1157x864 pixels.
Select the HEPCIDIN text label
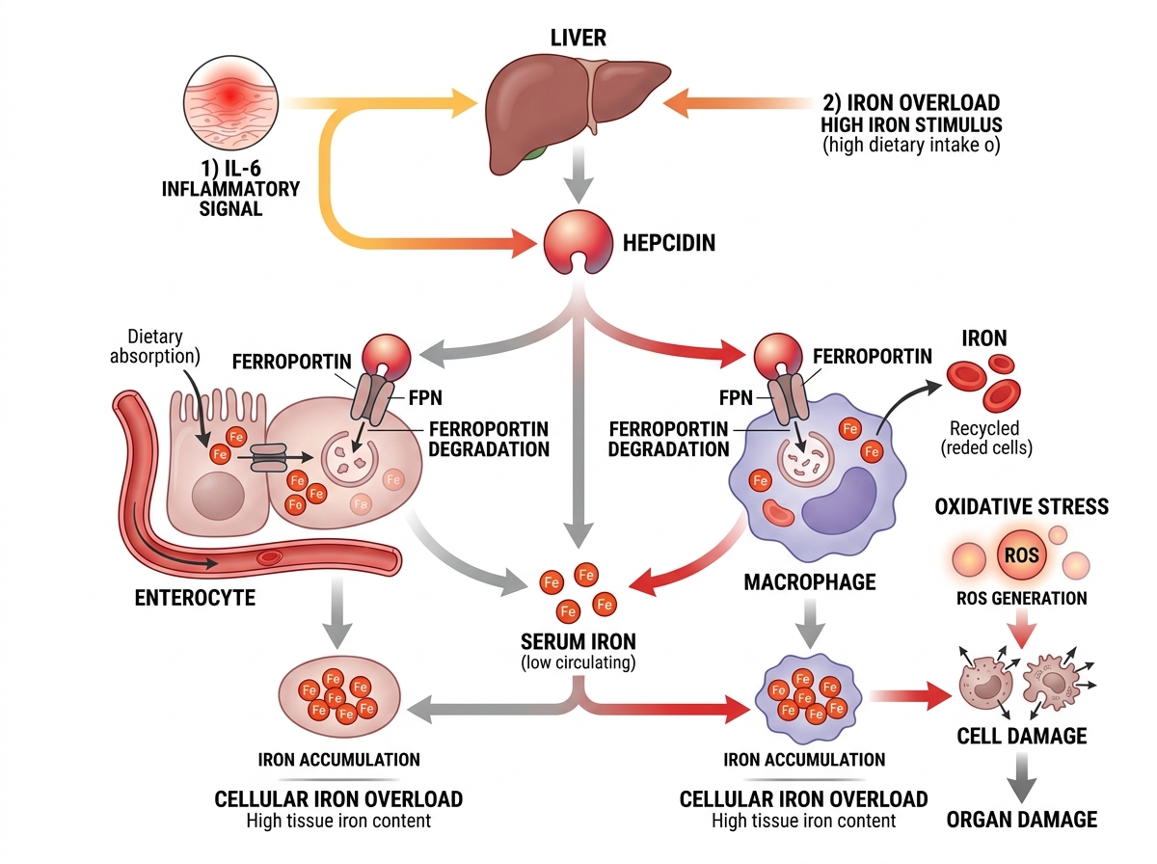[x=668, y=242]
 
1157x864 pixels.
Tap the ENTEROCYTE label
[x=195, y=598]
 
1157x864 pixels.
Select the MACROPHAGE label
[x=810, y=581]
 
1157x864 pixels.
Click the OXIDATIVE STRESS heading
[x=1021, y=506]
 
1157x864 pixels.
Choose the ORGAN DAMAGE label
[x=1021, y=820]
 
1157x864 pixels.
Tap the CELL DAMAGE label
[x=1021, y=736]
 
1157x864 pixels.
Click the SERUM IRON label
[x=578, y=641]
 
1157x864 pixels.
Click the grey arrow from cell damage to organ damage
[x=1021, y=775]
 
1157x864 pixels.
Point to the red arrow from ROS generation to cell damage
[x=1021, y=629]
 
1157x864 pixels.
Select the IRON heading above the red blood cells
[x=983, y=338]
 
